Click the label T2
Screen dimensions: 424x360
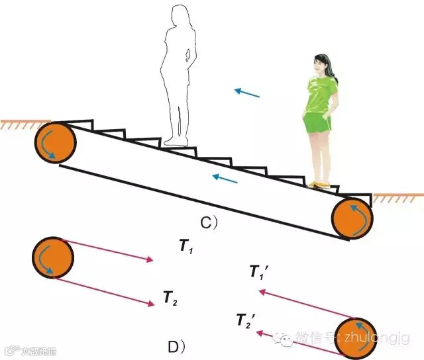coord(170,299)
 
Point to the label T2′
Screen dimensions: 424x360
coord(245,321)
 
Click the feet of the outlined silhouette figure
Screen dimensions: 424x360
coord(175,140)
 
